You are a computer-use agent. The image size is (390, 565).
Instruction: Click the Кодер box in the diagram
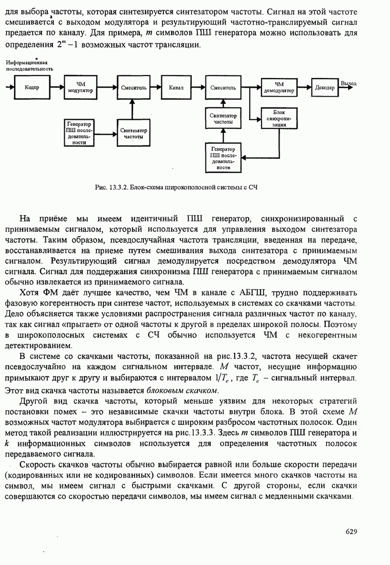(28, 88)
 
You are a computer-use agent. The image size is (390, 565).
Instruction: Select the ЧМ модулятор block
(80, 88)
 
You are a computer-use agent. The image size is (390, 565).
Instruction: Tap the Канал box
(176, 88)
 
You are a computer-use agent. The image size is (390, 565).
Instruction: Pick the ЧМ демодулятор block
(279, 87)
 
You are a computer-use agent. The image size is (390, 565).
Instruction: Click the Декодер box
(324, 88)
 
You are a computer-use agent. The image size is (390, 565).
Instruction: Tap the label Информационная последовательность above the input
(29, 65)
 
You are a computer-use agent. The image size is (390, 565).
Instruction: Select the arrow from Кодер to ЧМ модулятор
(55, 88)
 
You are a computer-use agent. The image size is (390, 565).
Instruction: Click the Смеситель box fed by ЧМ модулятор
(134, 88)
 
